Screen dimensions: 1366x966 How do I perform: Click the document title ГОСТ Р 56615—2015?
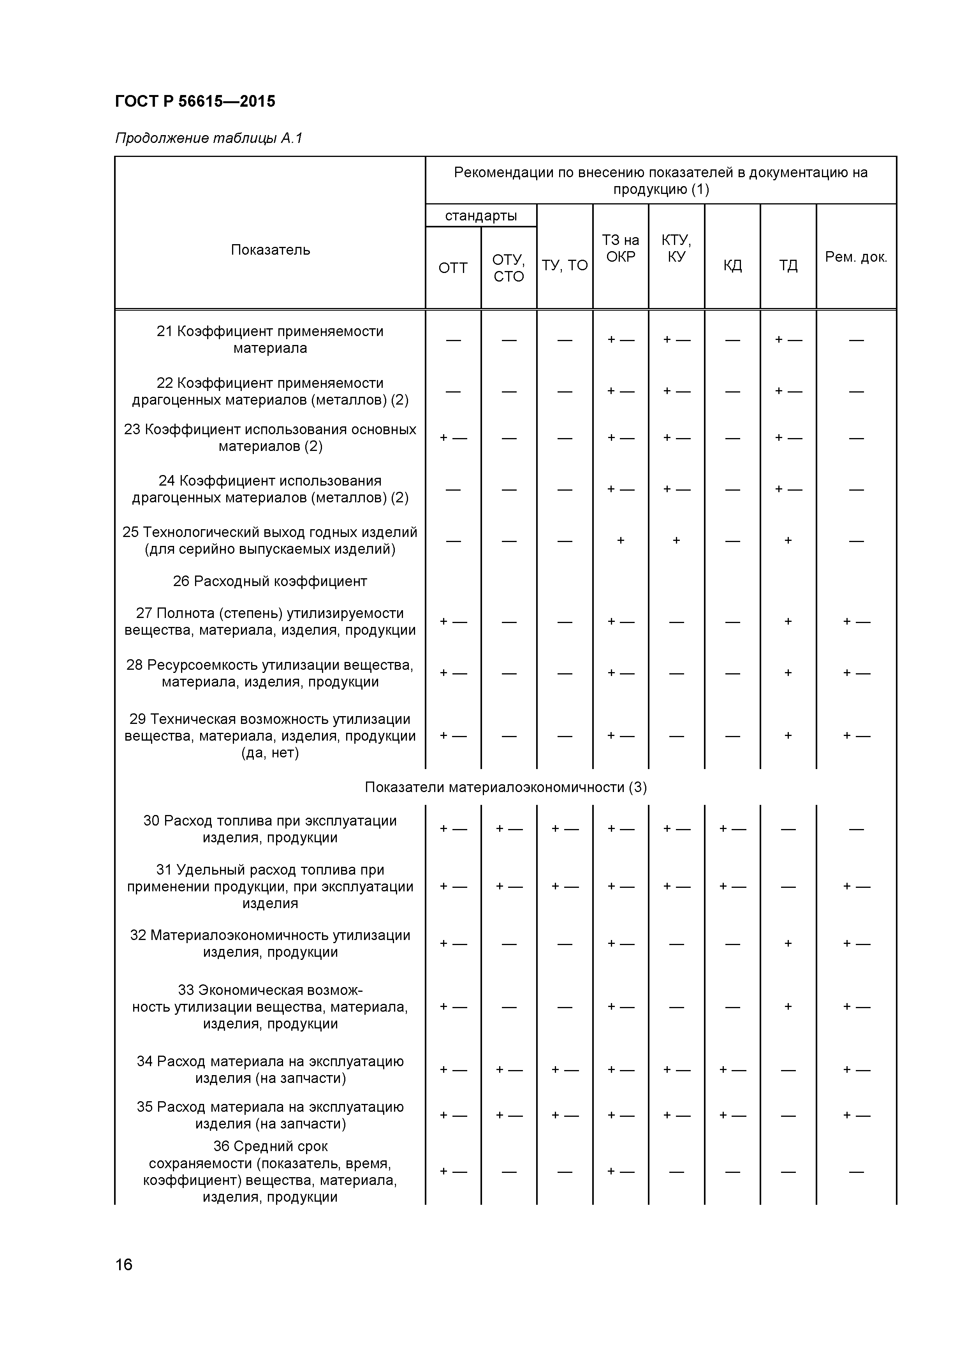(x=195, y=101)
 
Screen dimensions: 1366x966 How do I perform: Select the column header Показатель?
(x=270, y=250)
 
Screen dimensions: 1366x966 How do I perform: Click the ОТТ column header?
(x=453, y=268)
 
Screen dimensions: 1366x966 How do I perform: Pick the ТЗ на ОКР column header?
(x=620, y=249)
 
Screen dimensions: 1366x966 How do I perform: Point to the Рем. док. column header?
(x=855, y=257)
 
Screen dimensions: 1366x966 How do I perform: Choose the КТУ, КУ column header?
(x=676, y=249)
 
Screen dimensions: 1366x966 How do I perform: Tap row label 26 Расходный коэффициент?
(x=270, y=581)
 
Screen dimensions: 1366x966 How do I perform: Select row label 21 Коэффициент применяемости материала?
(x=270, y=340)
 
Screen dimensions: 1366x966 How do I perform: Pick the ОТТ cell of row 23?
(x=453, y=438)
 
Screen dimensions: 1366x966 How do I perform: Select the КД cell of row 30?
(x=732, y=829)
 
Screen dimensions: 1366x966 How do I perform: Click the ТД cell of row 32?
(x=788, y=944)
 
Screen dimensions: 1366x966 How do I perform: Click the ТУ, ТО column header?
(x=565, y=265)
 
